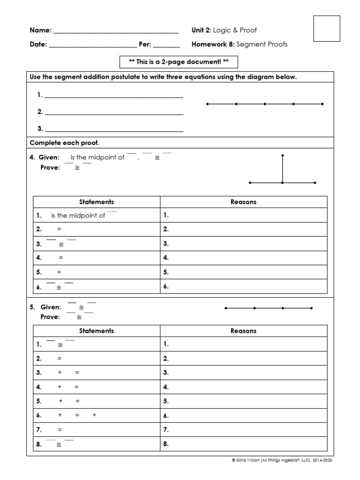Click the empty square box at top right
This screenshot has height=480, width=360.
[326, 28]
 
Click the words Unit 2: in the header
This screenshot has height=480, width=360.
[202, 30]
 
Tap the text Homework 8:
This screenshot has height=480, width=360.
[213, 45]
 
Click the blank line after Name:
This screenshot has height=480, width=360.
[116, 32]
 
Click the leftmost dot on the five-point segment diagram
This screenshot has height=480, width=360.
[207, 104]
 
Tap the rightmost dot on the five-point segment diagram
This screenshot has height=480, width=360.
[322, 104]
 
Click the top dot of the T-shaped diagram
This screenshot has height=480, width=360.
[282, 155]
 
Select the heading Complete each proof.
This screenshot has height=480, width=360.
[64, 142]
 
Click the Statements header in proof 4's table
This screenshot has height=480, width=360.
[97, 202]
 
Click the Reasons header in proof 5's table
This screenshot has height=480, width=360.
[244, 331]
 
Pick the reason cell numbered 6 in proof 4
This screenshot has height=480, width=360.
[244, 286]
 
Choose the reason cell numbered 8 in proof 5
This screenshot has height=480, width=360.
[244, 444]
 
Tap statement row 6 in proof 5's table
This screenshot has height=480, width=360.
[97, 415]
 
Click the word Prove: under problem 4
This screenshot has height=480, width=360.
[50, 168]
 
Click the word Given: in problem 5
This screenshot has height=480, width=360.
[51, 307]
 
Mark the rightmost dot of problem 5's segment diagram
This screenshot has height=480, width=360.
[312, 308]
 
